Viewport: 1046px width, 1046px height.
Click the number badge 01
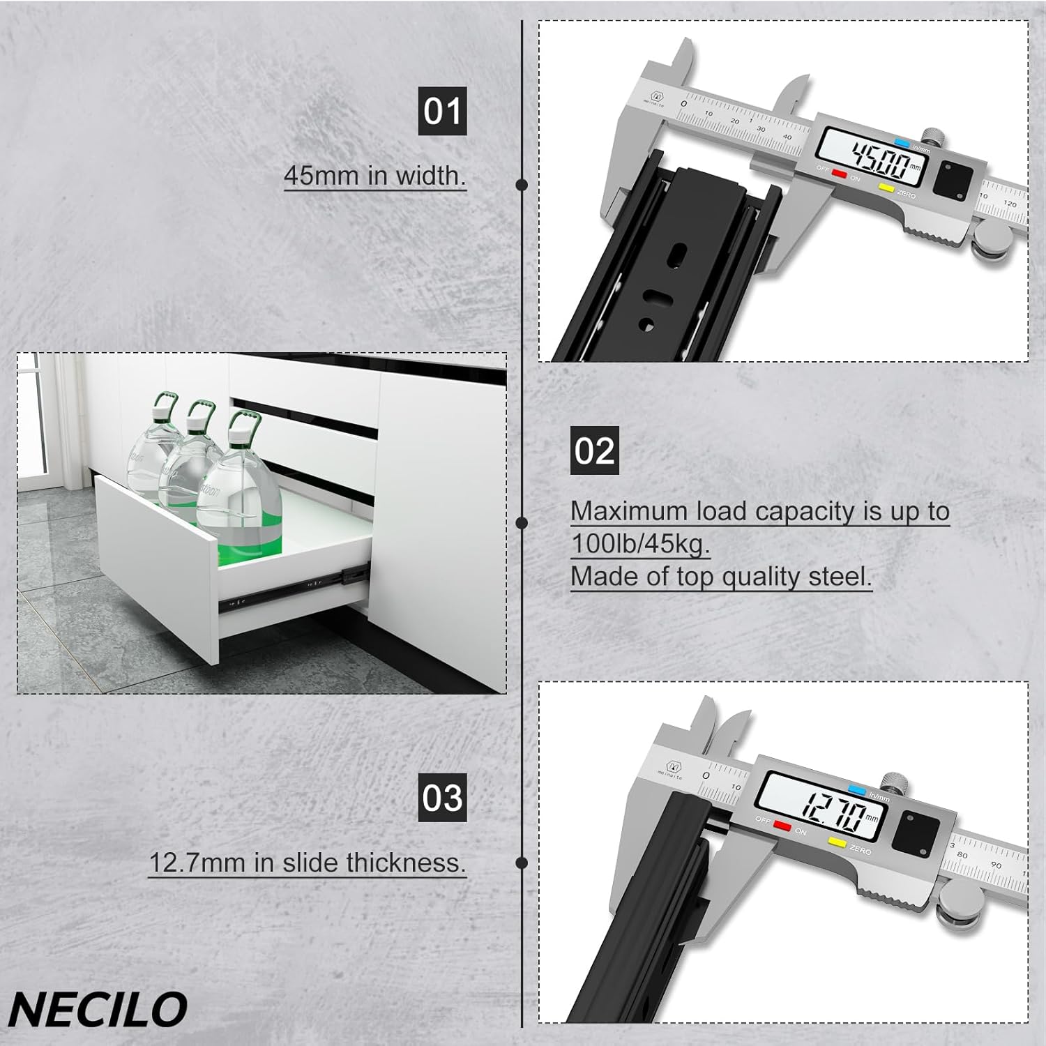442,112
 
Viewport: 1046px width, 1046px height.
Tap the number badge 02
594,450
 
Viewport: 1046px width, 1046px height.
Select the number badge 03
442,797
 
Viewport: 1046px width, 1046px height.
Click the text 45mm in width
374,175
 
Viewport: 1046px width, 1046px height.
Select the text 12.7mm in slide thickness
307,863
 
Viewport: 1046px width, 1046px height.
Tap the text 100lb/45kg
639,544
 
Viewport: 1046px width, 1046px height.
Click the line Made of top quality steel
721,577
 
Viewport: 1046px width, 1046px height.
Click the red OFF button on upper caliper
839,174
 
